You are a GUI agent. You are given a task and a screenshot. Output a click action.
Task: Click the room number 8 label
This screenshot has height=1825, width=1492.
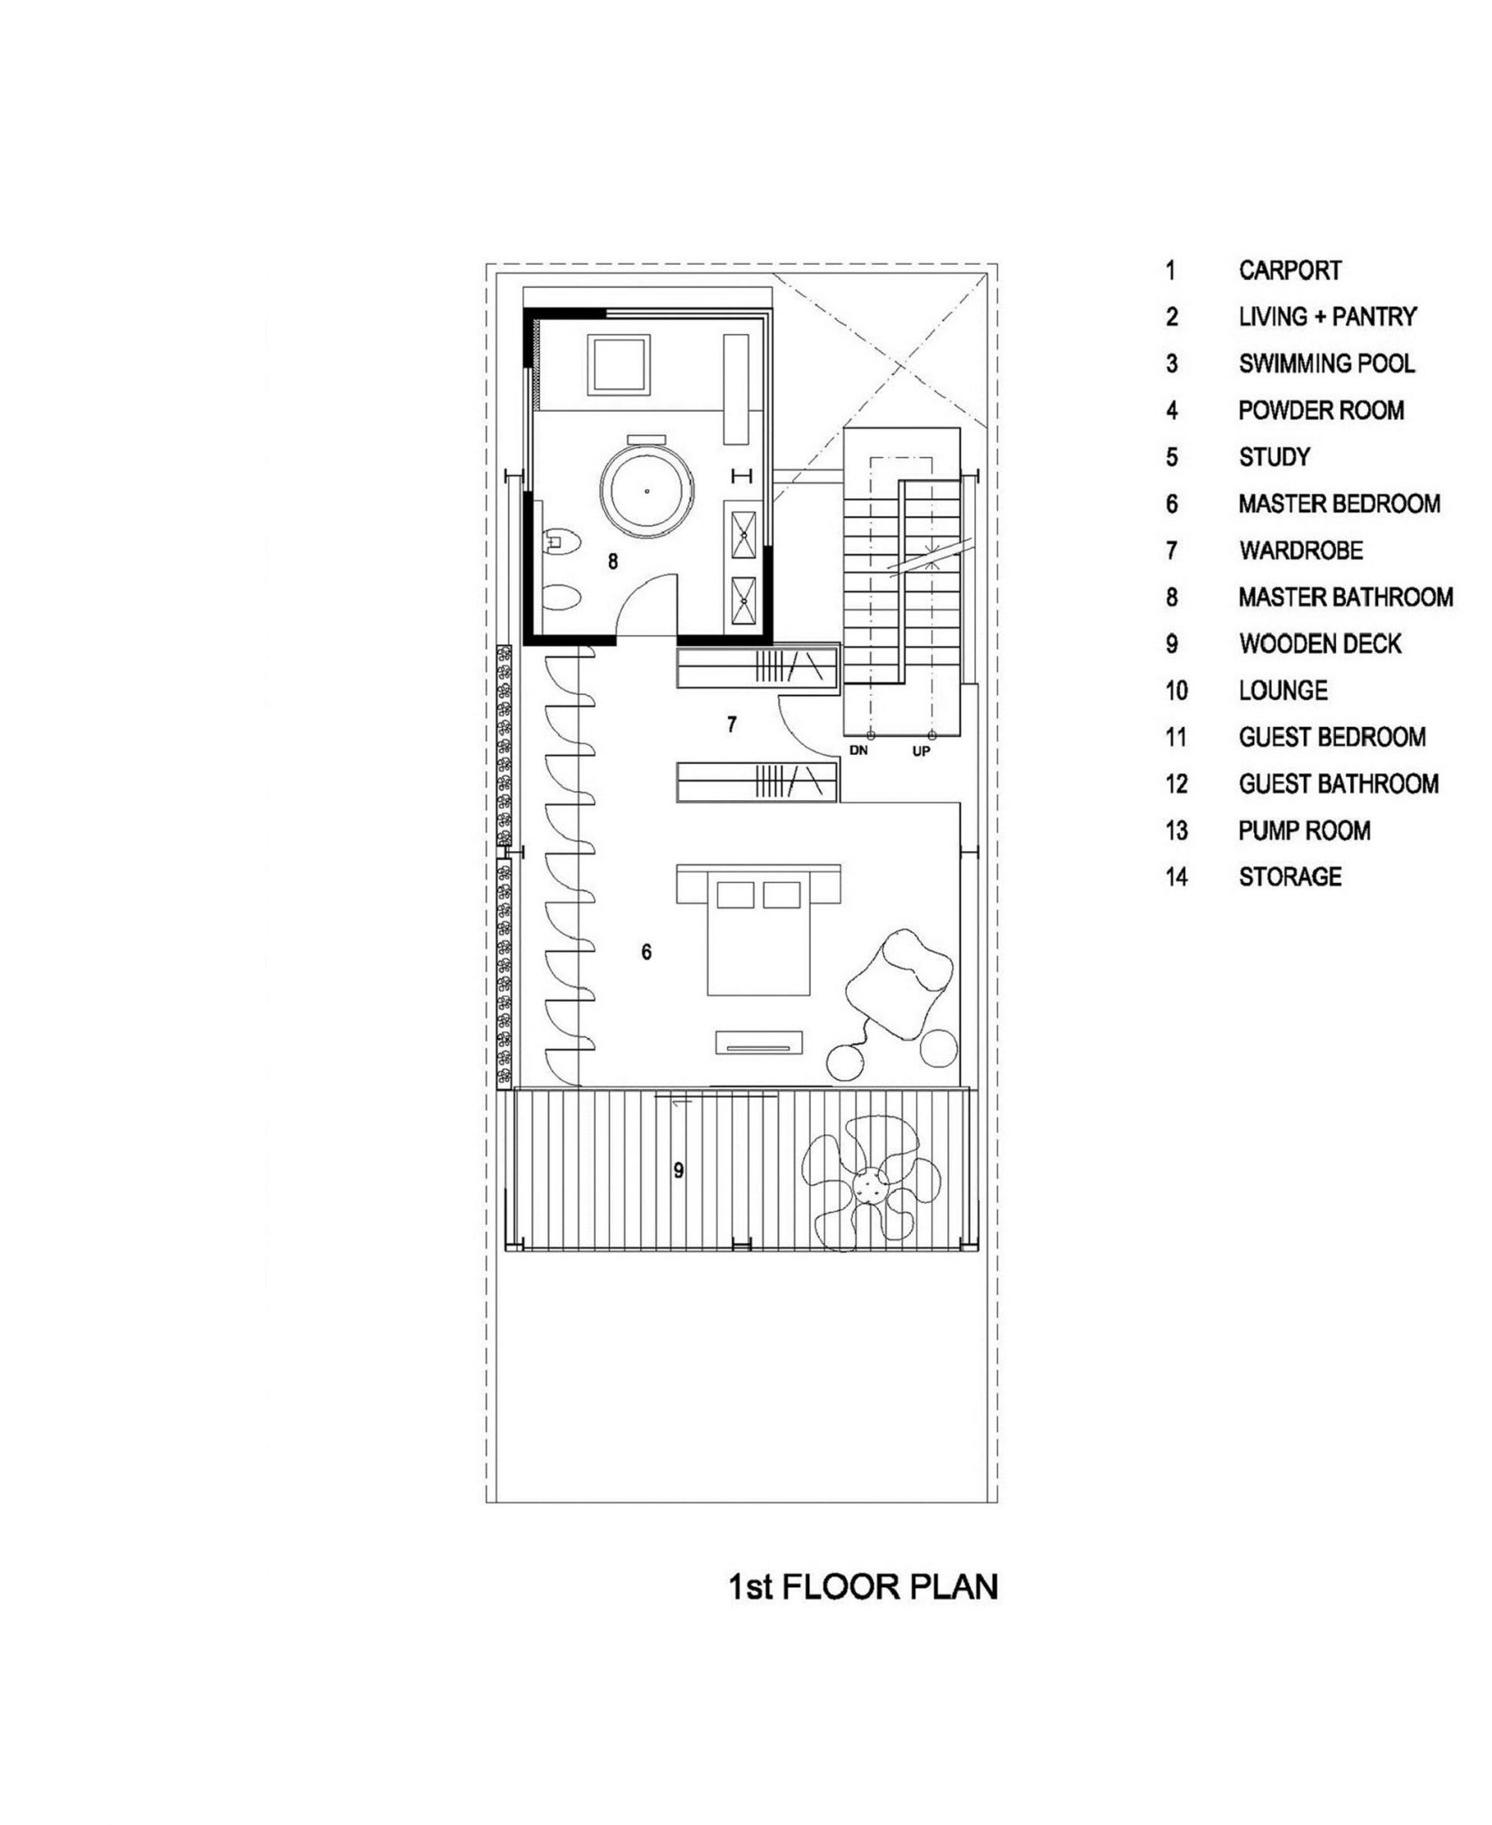(x=612, y=561)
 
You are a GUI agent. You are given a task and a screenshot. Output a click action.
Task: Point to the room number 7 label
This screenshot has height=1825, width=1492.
(x=732, y=724)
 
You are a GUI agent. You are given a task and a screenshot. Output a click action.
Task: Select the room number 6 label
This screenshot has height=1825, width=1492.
(x=646, y=953)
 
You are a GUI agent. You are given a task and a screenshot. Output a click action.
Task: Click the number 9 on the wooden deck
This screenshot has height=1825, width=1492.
(x=679, y=1170)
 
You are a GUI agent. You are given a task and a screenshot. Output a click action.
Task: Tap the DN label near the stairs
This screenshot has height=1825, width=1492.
(x=858, y=750)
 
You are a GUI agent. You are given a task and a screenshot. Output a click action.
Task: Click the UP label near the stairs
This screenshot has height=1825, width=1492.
(x=922, y=751)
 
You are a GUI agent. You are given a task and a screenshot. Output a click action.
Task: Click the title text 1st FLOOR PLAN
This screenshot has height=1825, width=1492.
(x=864, y=1587)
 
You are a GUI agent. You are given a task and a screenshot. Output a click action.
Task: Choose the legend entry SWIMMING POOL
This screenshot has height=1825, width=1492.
(x=1326, y=364)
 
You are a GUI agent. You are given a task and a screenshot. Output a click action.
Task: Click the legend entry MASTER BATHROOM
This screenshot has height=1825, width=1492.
(x=1346, y=597)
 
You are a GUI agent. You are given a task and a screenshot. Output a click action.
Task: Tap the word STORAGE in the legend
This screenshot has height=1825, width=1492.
(x=1290, y=877)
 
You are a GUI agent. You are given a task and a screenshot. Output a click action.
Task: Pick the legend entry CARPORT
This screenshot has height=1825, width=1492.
(x=1290, y=270)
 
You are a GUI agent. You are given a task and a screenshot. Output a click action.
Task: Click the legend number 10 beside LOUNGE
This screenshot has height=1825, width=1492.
(x=1176, y=691)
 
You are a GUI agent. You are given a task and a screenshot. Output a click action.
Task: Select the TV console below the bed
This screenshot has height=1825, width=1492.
(x=759, y=1043)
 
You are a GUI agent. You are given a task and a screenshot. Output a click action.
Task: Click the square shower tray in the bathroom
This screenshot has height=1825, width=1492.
(x=619, y=365)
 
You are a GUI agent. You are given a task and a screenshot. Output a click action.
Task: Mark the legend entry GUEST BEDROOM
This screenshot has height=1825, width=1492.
(x=1332, y=737)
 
